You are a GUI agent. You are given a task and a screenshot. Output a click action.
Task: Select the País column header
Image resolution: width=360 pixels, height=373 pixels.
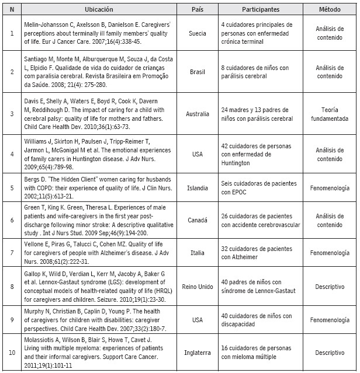point(198,10)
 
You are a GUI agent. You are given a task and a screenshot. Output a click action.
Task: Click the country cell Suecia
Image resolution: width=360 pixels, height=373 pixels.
point(198,33)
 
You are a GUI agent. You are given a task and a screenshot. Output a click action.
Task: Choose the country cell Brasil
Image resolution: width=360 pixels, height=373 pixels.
point(198,72)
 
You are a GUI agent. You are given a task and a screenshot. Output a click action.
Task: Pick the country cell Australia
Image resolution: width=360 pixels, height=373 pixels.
point(198,113)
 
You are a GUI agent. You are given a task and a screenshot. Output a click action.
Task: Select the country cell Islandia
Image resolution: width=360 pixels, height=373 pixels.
point(198,189)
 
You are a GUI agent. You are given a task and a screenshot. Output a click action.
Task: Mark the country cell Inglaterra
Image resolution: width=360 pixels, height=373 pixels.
point(198,353)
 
